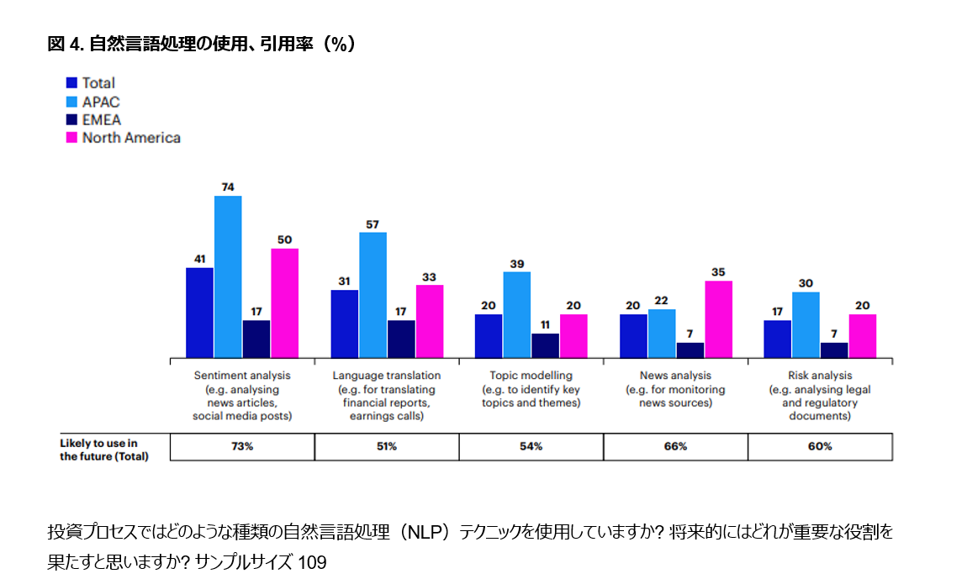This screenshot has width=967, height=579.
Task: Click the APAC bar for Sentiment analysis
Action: (x=228, y=276)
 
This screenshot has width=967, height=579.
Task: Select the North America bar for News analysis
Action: (x=718, y=318)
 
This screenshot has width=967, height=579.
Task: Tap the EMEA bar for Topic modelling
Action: (x=545, y=345)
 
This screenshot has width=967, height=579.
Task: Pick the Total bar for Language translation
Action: (x=344, y=324)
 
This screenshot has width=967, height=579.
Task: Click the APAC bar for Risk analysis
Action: (x=805, y=324)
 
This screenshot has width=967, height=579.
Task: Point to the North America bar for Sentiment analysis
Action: (x=285, y=303)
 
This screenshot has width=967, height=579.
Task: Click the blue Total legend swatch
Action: (x=72, y=82)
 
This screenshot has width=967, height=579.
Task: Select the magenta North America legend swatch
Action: (x=72, y=137)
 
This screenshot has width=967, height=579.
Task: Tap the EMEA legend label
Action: (x=101, y=119)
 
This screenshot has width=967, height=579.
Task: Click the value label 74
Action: (x=228, y=187)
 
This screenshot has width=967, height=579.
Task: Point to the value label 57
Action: (x=373, y=224)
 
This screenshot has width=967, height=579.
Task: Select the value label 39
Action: (x=517, y=263)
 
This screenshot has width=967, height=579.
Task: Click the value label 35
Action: (x=718, y=271)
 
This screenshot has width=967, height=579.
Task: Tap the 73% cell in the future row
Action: (x=242, y=447)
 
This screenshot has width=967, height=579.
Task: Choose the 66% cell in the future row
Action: (x=675, y=447)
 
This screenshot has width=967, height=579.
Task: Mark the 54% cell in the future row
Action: (x=531, y=447)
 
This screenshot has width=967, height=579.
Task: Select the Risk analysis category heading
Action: (x=820, y=376)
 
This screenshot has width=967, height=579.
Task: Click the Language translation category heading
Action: (x=386, y=376)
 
